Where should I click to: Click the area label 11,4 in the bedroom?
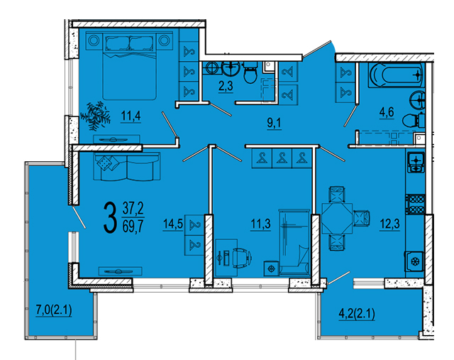131,116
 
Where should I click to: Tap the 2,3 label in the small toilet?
226,86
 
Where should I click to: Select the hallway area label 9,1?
274,123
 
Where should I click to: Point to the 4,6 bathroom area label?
387,112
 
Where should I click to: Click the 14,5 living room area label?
173,224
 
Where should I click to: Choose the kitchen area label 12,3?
390,224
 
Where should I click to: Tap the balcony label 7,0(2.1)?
54,310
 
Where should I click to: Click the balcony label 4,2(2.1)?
357,314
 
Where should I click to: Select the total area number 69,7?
133,226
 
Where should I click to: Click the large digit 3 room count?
110,217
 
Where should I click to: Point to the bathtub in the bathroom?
396,75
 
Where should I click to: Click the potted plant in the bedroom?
95,116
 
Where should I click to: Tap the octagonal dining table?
337,218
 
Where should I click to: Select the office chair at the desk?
241,256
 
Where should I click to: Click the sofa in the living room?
126,166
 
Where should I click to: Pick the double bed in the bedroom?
129,66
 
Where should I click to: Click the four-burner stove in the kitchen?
415,204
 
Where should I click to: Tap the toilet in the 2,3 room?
250,72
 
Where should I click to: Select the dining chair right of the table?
361,218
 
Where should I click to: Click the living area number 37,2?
133,209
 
